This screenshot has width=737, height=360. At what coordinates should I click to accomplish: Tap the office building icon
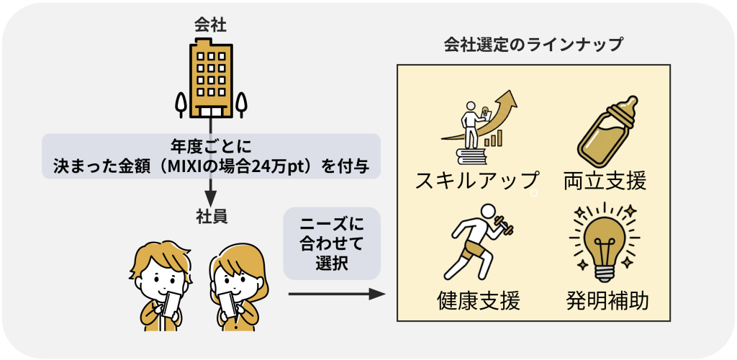[211, 81]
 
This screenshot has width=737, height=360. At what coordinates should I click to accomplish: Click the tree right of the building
[241, 104]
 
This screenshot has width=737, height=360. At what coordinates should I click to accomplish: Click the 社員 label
[212, 216]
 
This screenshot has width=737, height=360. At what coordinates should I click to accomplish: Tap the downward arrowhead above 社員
[211, 197]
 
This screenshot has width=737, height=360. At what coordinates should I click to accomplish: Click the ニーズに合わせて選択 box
[332, 243]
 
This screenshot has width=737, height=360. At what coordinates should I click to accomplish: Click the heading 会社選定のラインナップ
[533, 45]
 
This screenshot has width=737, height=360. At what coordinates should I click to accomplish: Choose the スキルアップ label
[476, 181]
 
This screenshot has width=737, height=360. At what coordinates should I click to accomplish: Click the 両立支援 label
[605, 181]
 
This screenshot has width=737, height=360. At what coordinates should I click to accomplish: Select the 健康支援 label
[479, 301]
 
